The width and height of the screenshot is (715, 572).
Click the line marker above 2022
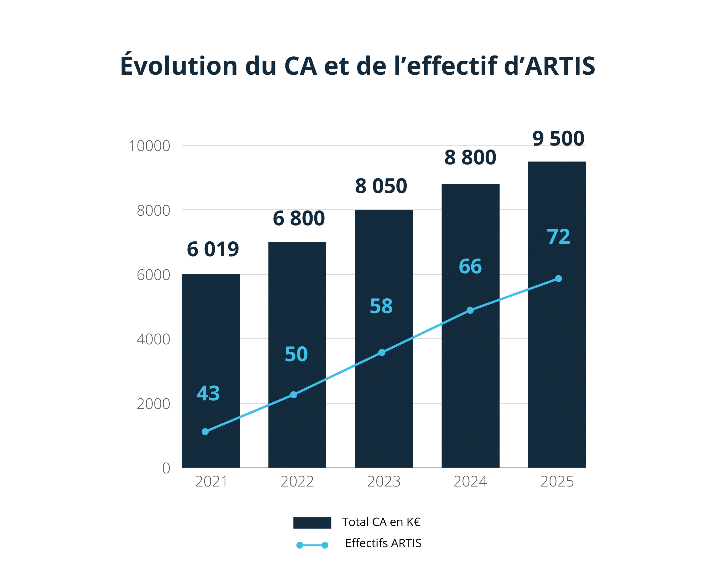point(293,395)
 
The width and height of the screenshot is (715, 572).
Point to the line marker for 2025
point(559,279)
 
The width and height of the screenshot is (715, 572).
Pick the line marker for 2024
point(470,310)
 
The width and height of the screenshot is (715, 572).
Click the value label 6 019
point(212,250)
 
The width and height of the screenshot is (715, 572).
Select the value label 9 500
point(558,139)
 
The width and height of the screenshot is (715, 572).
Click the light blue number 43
point(208,393)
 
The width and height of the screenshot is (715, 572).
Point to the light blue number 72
point(559,237)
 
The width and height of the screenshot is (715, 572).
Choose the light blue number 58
point(381,306)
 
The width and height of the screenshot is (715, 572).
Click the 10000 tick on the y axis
point(150,146)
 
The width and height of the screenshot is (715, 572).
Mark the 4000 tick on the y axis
point(153,339)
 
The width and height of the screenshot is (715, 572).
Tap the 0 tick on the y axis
point(166,468)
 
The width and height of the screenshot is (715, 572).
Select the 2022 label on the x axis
point(297,481)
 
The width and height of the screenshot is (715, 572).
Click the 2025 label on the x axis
point(557,481)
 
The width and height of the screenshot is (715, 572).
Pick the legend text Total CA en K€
point(381,522)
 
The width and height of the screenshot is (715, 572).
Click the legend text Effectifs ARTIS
point(383,543)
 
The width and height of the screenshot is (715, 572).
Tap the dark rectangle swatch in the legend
point(312,523)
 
